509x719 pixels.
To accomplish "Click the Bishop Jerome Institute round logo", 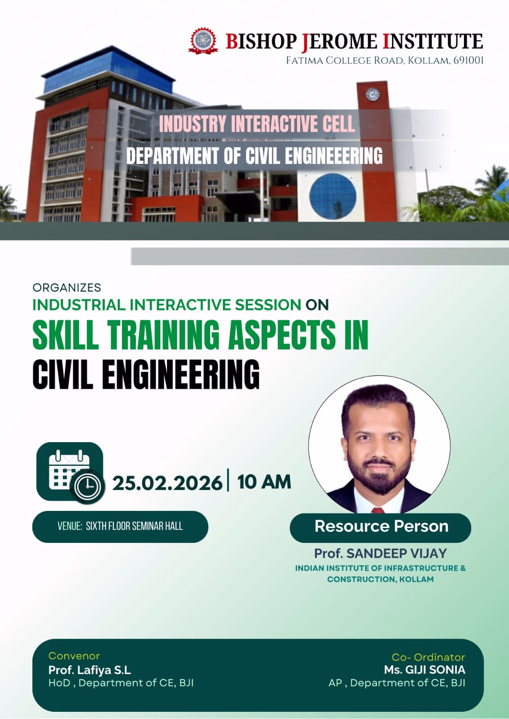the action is (x=203, y=41).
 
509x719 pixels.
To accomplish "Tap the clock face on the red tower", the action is (x=372, y=94).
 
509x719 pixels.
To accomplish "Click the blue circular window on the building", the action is (x=333, y=196).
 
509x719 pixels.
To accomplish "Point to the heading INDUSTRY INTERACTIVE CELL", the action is (x=257, y=124).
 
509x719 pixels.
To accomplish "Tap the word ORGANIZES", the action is (x=67, y=287).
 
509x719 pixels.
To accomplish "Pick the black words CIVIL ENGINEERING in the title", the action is (x=146, y=374).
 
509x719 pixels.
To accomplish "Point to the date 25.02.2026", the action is (x=167, y=483).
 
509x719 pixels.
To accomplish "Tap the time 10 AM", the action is (x=264, y=482).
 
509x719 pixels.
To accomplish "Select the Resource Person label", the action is (x=381, y=526).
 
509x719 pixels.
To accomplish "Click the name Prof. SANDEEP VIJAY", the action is (x=380, y=553).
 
